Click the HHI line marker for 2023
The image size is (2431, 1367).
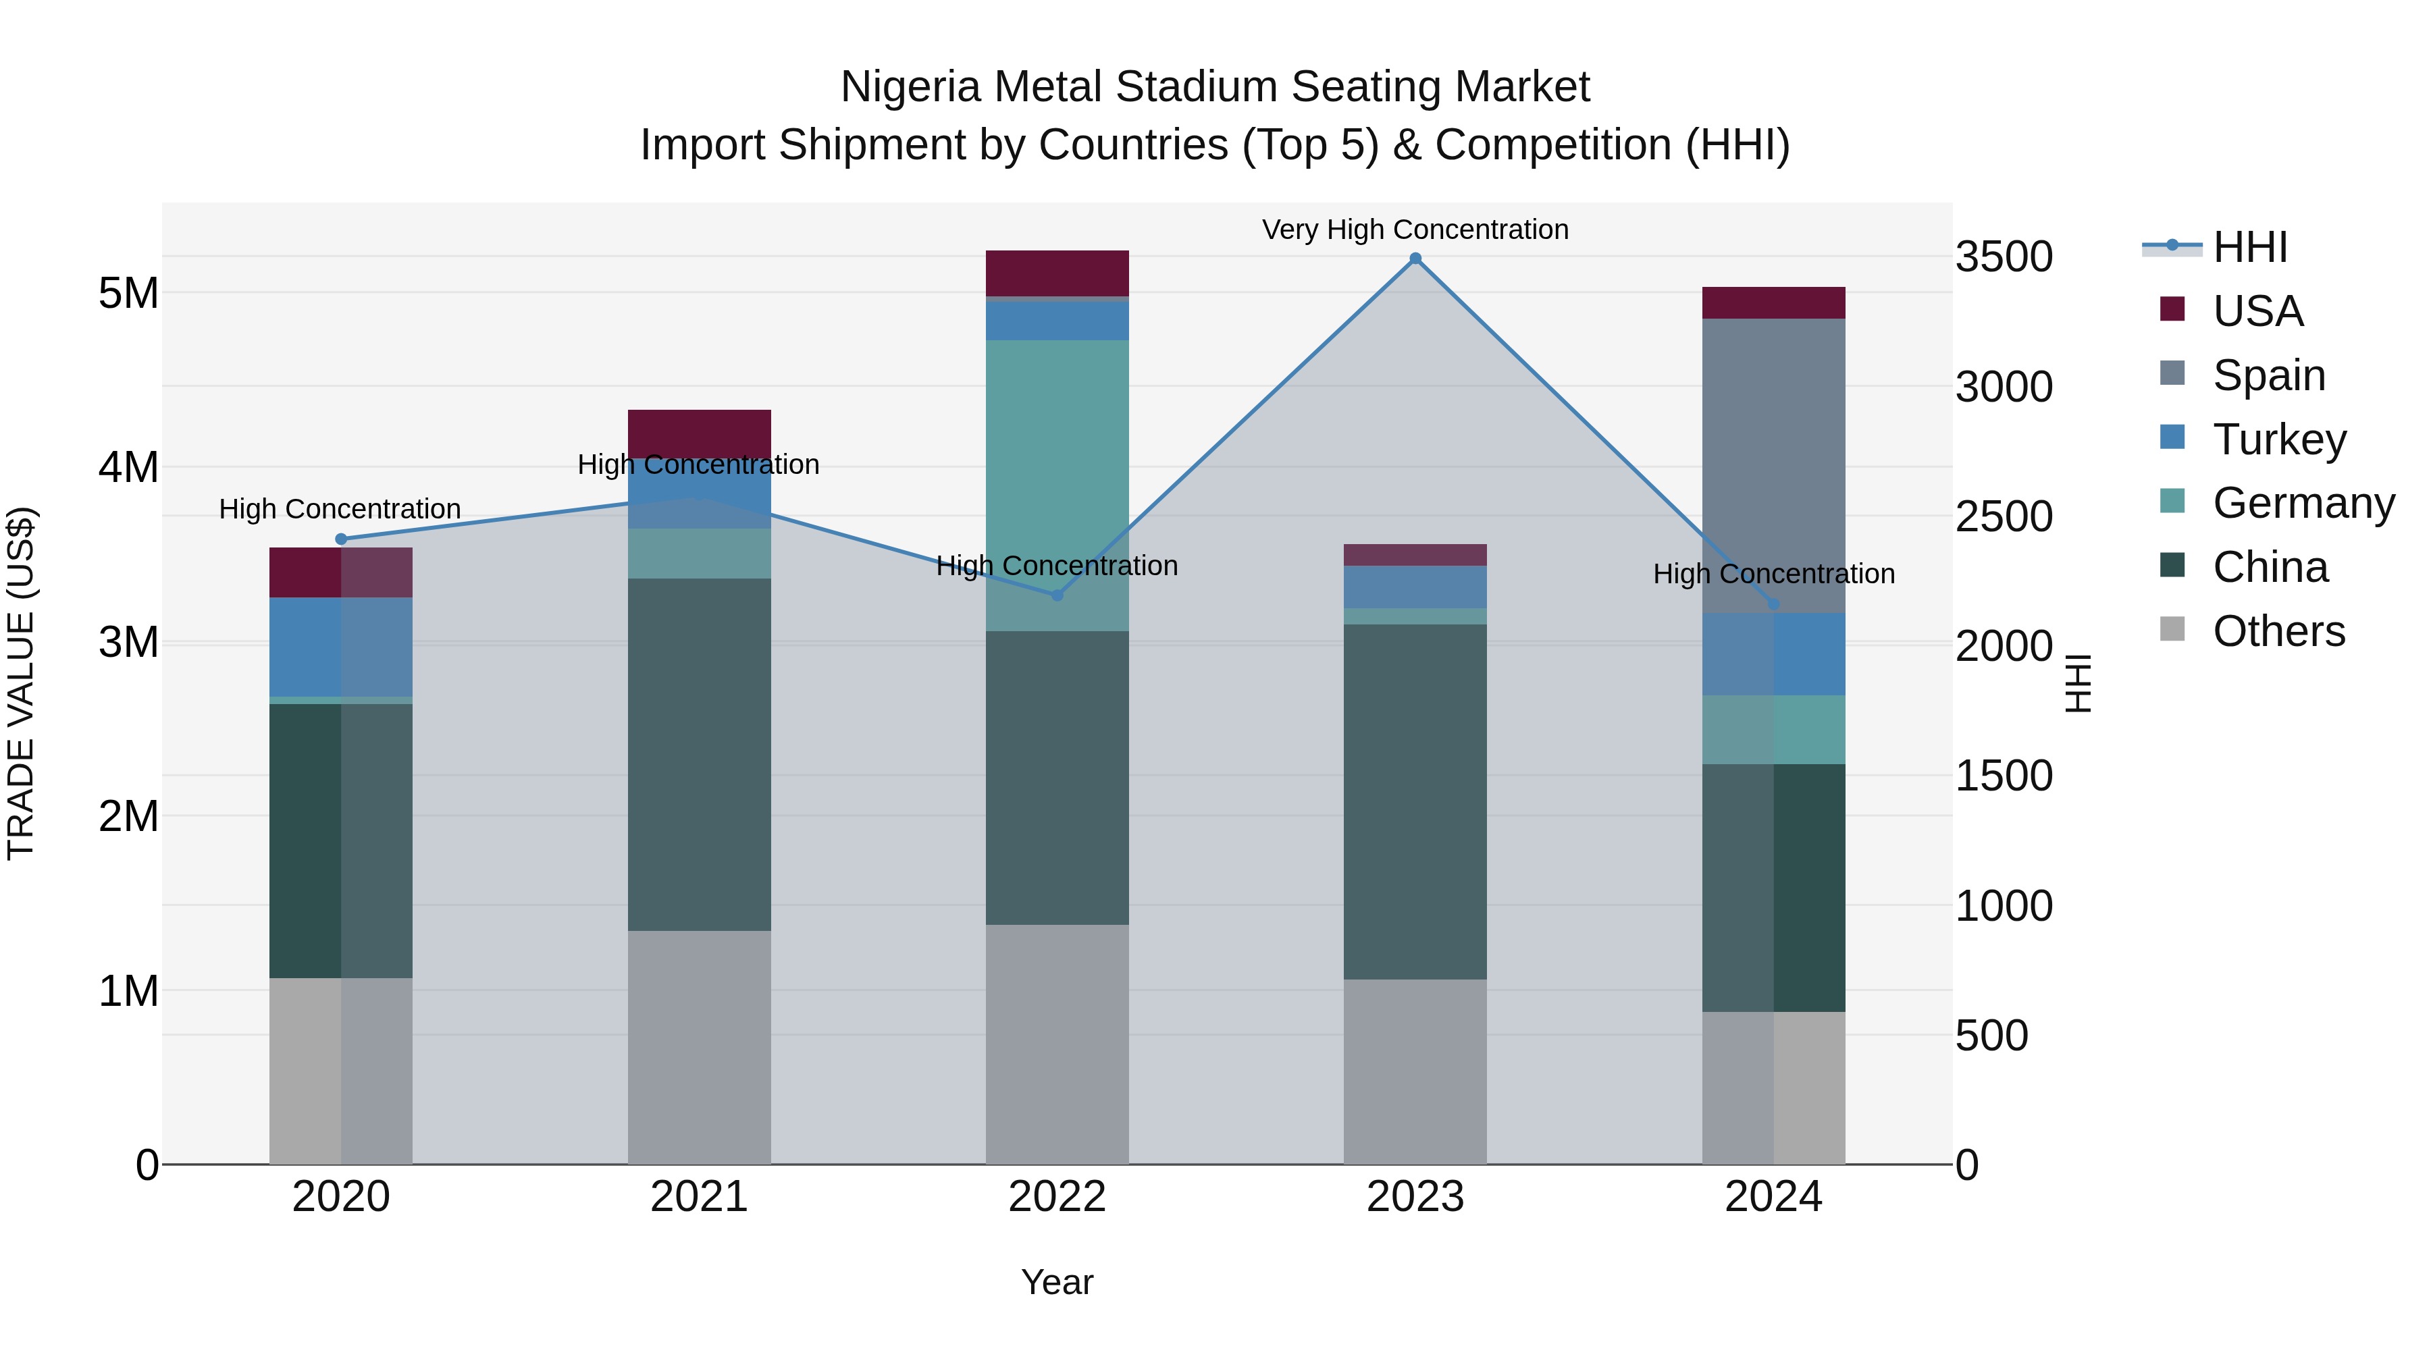(1415, 259)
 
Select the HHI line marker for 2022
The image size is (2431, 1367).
(1057, 595)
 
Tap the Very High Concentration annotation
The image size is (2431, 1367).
(1415, 230)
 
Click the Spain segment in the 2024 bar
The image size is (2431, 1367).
(1773, 465)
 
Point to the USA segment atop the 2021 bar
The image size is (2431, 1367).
(700, 433)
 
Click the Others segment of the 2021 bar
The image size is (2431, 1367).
(700, 1047)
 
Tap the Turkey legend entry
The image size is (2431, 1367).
(2278, 439)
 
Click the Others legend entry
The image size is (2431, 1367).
(2278, 631)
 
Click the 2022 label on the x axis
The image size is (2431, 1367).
(1057, 1197)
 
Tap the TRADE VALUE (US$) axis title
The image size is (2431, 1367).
(21, 683)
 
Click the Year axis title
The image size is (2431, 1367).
(1057, 1282)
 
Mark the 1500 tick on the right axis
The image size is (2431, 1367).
(2004, 776)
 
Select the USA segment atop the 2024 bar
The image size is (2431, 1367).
(1773, 303)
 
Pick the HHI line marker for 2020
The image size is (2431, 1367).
(342, 539)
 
